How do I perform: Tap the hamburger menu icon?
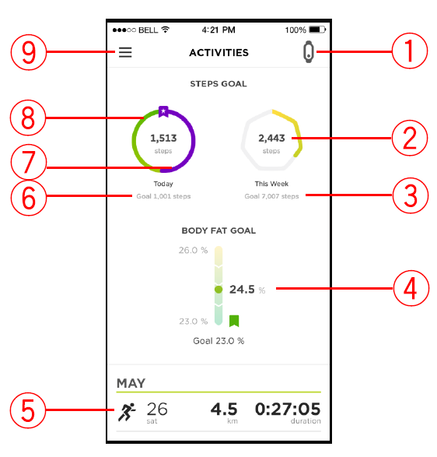click(125, 52)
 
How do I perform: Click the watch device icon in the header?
click(309, 52)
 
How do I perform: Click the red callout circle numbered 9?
click(29, 52)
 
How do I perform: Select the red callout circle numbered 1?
click(410, 51)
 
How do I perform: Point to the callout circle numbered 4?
click(411, 288)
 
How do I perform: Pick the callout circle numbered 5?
click(28, 410)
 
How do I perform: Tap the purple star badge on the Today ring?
click(163, 111)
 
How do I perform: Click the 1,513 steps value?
click(163, 138)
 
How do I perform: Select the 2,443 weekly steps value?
click(271, 138)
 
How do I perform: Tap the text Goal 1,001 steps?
click(163, 196)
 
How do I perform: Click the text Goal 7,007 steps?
click(271, 196)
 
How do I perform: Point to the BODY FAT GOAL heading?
click(218, 230)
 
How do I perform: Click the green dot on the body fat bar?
click(218, 290)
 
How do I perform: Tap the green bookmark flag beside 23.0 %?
click(234, 321)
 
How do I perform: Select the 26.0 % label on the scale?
click(193, 250)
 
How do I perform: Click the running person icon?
click(127, 412)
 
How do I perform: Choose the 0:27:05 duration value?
click(288, 409)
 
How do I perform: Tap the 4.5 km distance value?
click(224, 409)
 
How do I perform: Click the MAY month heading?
click(131, 383)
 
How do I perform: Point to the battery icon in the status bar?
click(317, 30)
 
